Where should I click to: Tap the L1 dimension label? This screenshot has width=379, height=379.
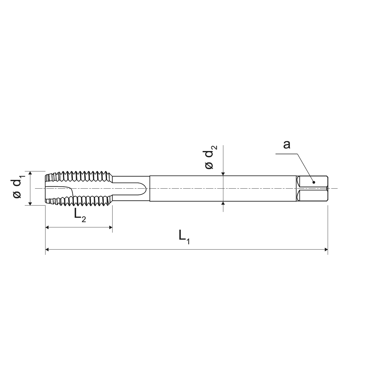pyautogui.click(x=184, y=237)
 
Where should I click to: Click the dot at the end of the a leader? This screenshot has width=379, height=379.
pyautogui.click(x=314, y=182)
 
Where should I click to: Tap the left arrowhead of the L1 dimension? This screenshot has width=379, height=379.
pyautogui.click(x=47, y=250)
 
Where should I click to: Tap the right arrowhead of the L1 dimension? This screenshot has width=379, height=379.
pyautogui.click(x=326, y=250)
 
